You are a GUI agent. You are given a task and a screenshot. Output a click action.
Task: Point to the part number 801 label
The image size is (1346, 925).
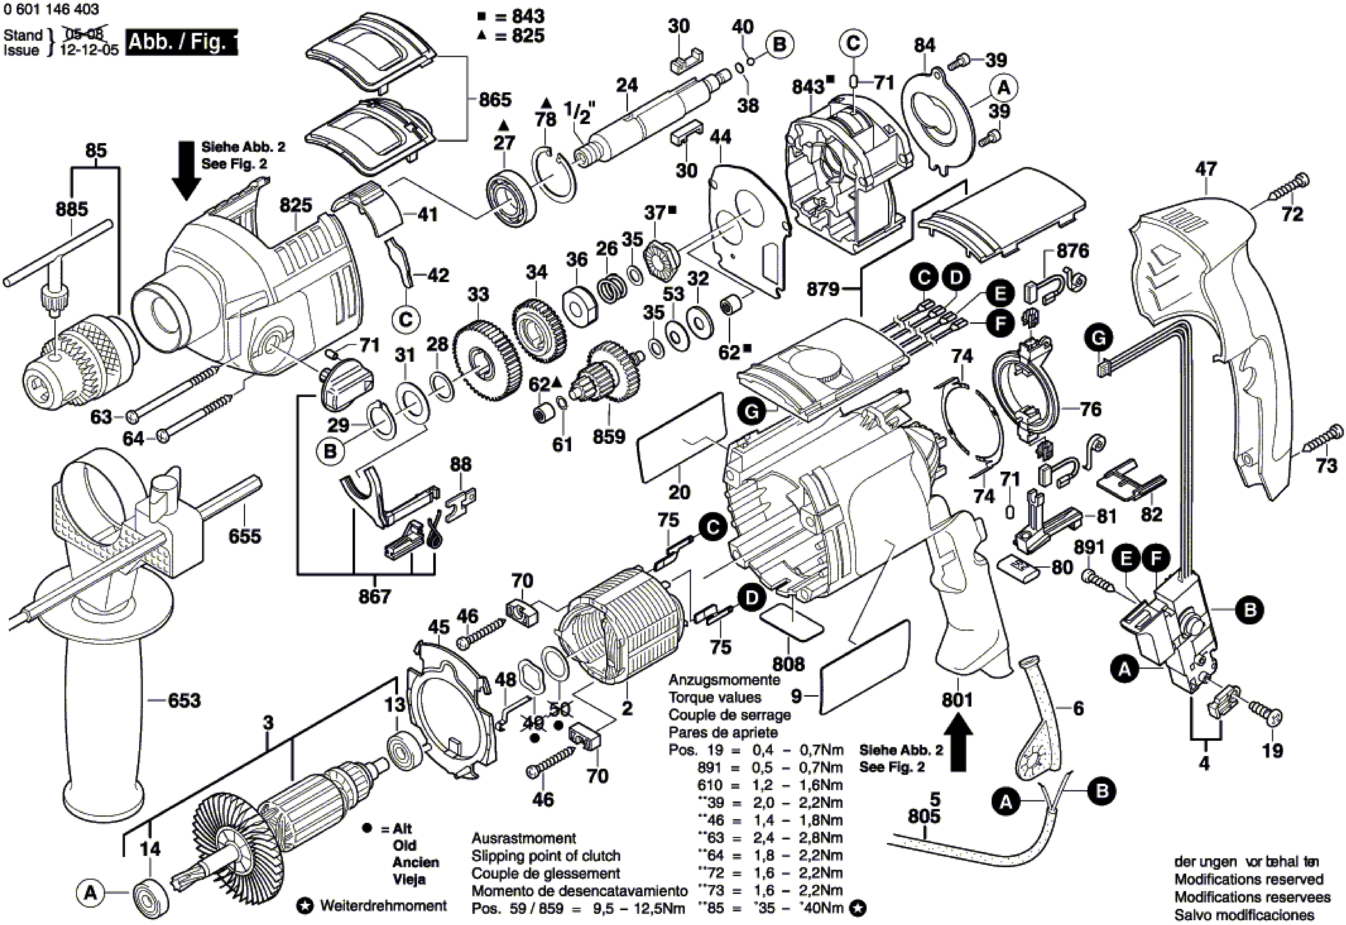(957, 700)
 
